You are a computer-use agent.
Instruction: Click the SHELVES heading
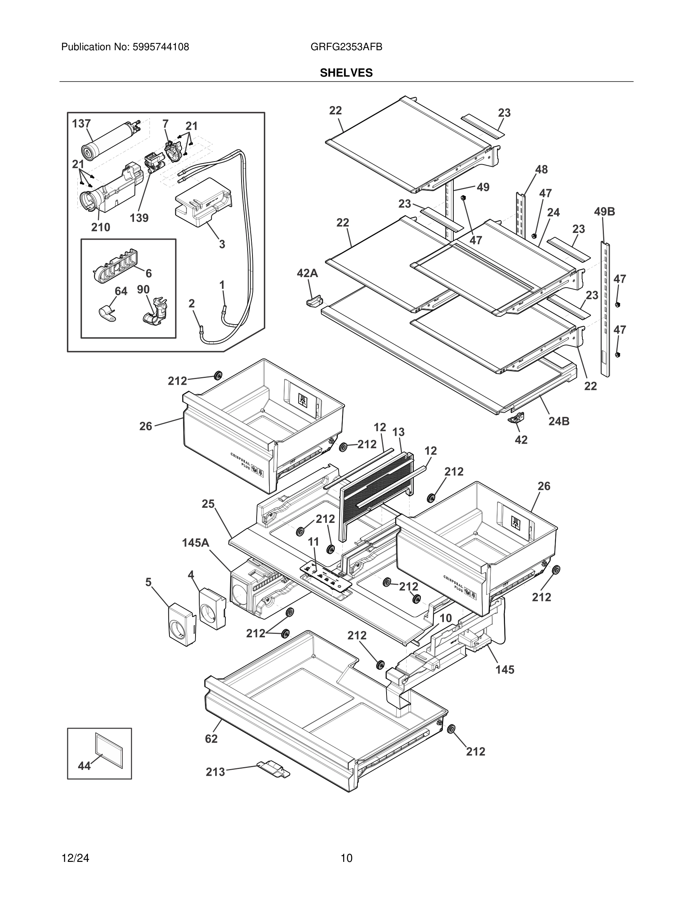point(346,73)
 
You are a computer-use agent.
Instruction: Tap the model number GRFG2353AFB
point(346,47)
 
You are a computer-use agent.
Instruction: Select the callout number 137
point(81,123)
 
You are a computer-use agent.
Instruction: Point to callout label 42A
point(308,273)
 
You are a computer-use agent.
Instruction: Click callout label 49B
point(604,212)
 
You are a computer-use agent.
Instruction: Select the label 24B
point(559,421)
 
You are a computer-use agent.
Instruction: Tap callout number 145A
point(196,543)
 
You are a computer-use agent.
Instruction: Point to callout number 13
point(398,432)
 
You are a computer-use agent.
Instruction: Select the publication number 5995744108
point(160,47)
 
